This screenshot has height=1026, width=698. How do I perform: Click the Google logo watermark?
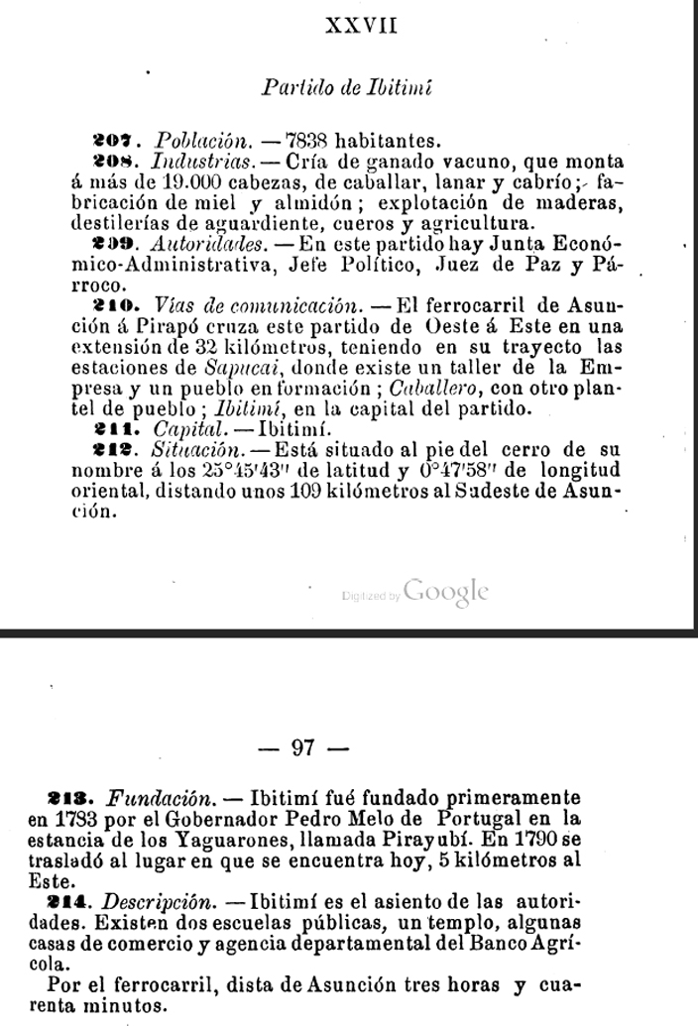tap(446, 592)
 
